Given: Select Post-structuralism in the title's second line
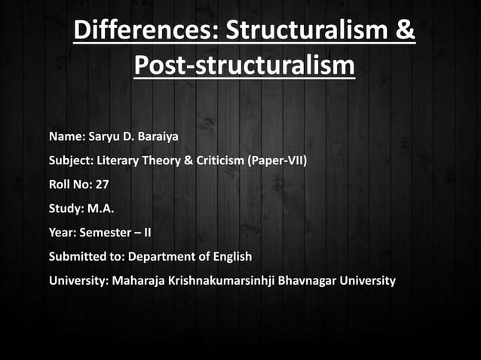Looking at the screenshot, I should coord(244,66).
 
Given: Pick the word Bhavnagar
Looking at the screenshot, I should coord(308,281).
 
